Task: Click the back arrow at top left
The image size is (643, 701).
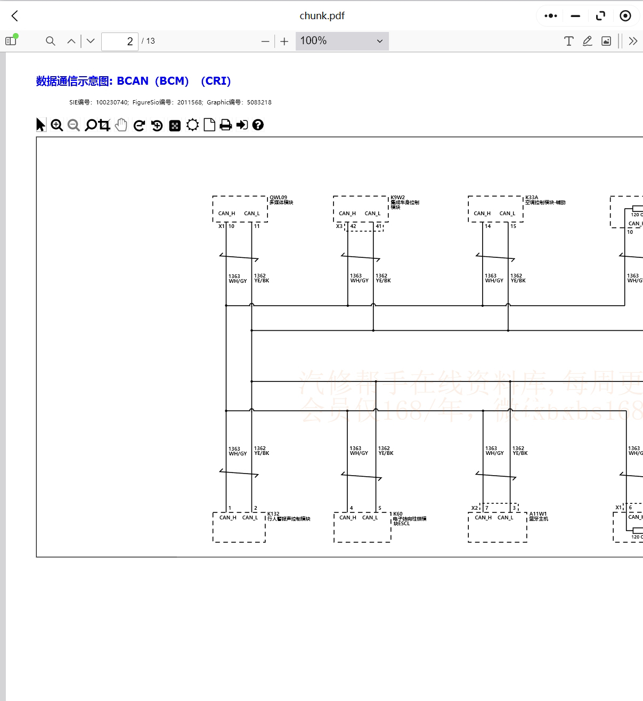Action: (15, 16)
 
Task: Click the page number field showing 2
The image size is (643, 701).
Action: (120, 41)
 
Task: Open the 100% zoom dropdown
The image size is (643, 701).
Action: (342, 41)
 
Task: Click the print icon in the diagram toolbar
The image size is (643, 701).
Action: (225, 125)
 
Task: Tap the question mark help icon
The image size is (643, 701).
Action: (258, 125)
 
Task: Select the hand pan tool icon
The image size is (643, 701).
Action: (121, 125)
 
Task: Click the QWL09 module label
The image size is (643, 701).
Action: (278, 198)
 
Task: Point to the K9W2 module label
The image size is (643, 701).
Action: (397, 198)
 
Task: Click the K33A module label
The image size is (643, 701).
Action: (532, 198)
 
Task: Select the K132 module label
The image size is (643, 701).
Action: (273, 514)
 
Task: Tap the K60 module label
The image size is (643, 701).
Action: (398, 514)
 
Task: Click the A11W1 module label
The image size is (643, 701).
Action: (538, 514)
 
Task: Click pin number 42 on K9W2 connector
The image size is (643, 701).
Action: (353, 226)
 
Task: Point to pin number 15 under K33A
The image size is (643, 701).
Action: (513, 226)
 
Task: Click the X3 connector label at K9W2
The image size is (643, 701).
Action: (339, 226)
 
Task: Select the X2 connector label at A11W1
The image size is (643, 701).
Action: (474, 508)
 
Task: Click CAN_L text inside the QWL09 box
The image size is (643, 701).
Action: (252, 214)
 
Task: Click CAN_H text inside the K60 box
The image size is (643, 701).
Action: (348, 518)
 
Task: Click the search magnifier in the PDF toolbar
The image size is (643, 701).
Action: (51, 41)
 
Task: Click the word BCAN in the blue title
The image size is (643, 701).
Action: (133, 81)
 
